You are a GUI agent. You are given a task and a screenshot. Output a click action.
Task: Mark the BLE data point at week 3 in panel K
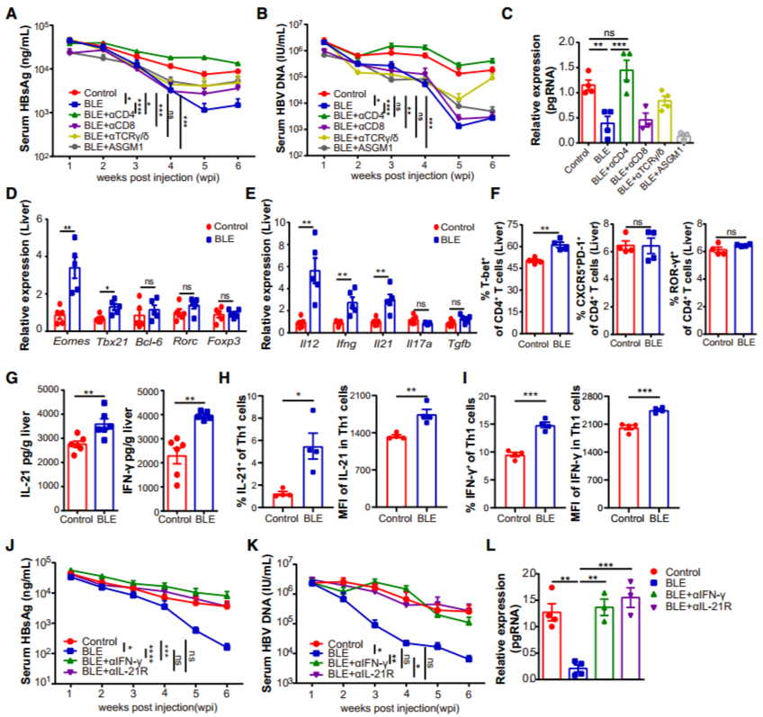374,624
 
